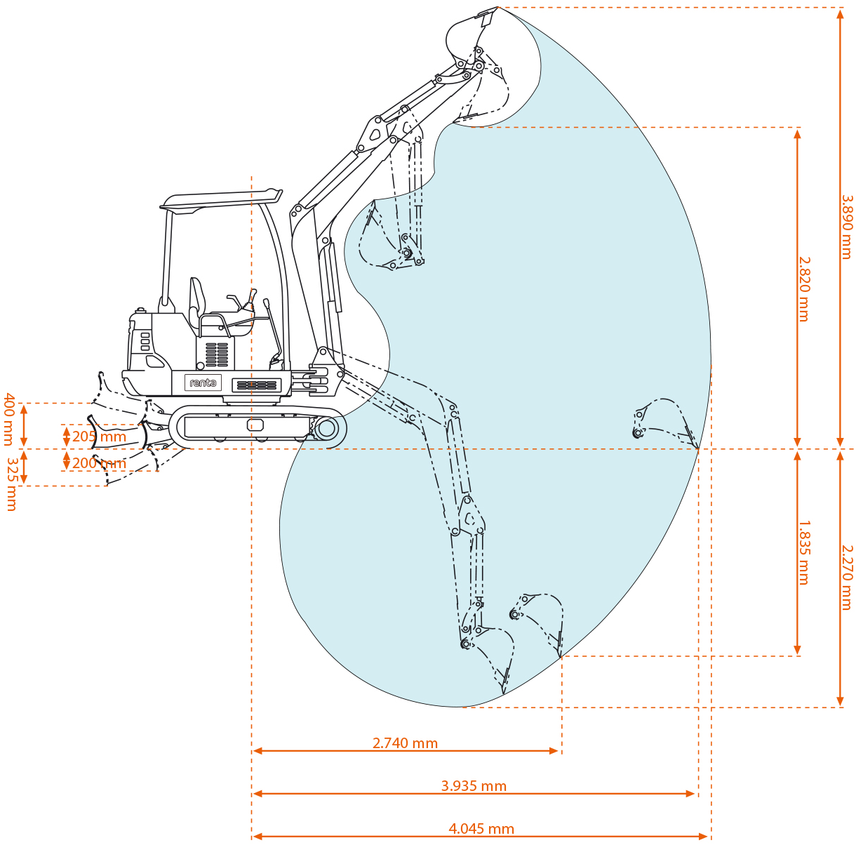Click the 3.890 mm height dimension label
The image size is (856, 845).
(x=846, y=227)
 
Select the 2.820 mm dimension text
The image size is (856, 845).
(x=803, y=288)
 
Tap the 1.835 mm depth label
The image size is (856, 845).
(x=803, y=552)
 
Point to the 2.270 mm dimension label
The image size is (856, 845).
(x=847, y=577)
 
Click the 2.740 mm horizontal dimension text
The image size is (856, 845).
(x=405, y=743)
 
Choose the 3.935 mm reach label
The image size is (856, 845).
(x=474, y=786)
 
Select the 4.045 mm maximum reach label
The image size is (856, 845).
(x=481, y=829)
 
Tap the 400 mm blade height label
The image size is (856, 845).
(x=8, y=419)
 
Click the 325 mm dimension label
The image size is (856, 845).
(x=11, y=484)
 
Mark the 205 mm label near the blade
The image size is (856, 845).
(x=99, y=437)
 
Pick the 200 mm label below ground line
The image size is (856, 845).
(x=99, y=463)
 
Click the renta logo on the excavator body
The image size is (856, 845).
(x=203, y=383)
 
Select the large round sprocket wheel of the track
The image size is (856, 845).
(x=327, y=427)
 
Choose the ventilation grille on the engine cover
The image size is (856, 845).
(x=217, y=354)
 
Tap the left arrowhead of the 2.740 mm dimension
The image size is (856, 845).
(x=257, y=751)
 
